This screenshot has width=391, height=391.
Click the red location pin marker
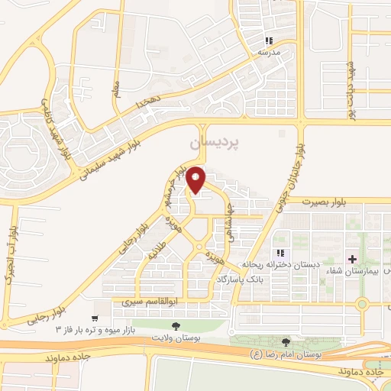click(196, 179)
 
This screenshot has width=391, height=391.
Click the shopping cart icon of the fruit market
click(95, 318)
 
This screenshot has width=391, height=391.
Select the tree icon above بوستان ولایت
click(176, 326)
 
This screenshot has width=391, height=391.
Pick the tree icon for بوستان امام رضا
click(286, 343)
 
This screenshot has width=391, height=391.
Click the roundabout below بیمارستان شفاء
click(362, 303)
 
